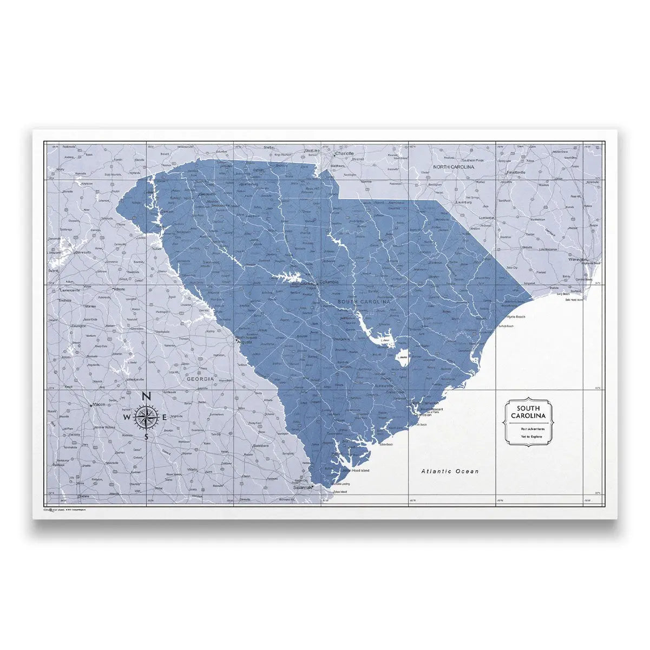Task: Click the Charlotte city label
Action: [345, 153]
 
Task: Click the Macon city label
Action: [99, 404]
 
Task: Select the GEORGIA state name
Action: [201, 380]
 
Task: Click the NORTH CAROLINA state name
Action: [454, 167]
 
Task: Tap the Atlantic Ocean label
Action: [450, 471]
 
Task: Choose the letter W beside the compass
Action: [126, 418]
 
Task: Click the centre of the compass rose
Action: [147, 417]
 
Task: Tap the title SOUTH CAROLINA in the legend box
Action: [527, 412]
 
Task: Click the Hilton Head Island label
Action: [356, 471]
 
